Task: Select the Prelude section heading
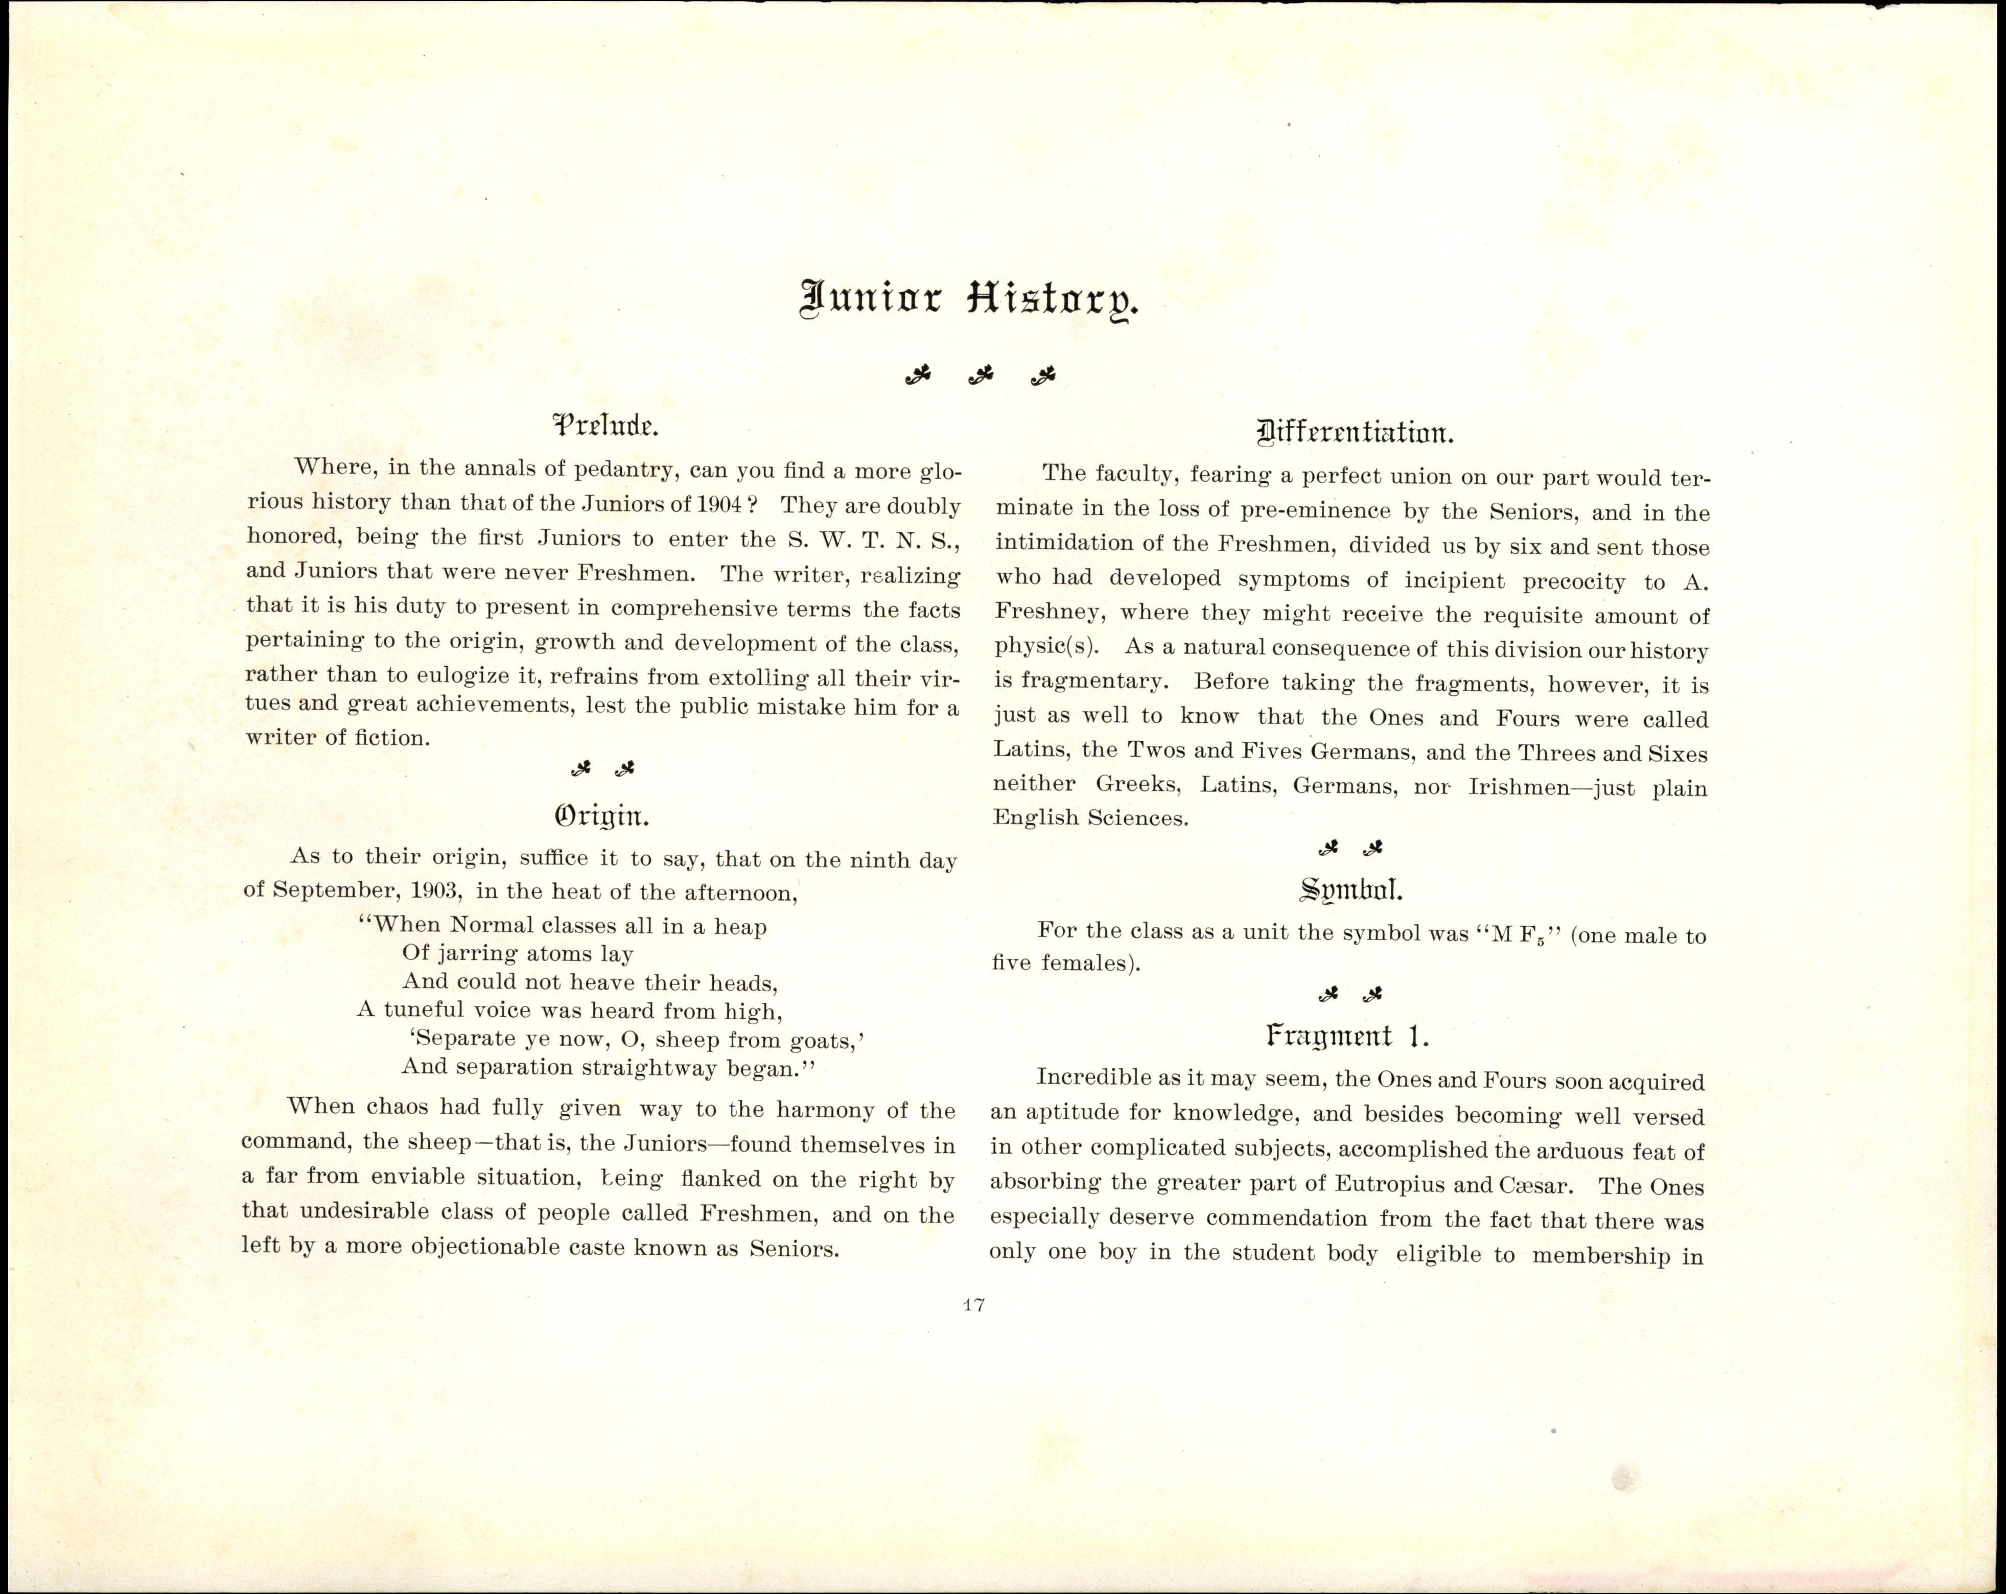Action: (605, 426)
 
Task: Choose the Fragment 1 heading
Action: (1347, 1036)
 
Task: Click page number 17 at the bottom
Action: (973, 1305)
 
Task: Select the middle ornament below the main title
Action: (979, 375)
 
